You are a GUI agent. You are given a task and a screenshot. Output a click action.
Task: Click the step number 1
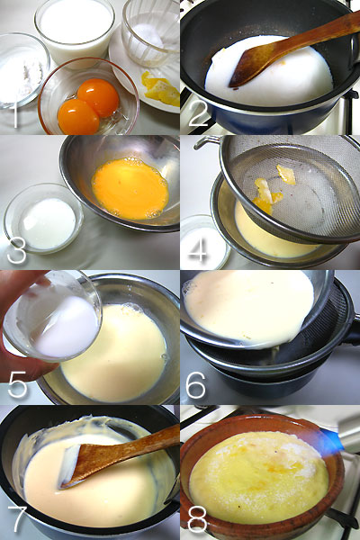pos(13,114)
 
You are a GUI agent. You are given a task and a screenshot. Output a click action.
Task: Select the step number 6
pos(196,384)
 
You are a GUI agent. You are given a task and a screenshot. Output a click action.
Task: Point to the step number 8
pos(196,519)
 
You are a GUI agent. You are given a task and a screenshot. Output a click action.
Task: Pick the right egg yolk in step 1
pos(98,95)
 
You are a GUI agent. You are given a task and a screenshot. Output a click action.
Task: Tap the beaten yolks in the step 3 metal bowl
pos(130,188)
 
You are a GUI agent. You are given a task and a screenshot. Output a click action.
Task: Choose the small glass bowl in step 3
pos(43,220)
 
